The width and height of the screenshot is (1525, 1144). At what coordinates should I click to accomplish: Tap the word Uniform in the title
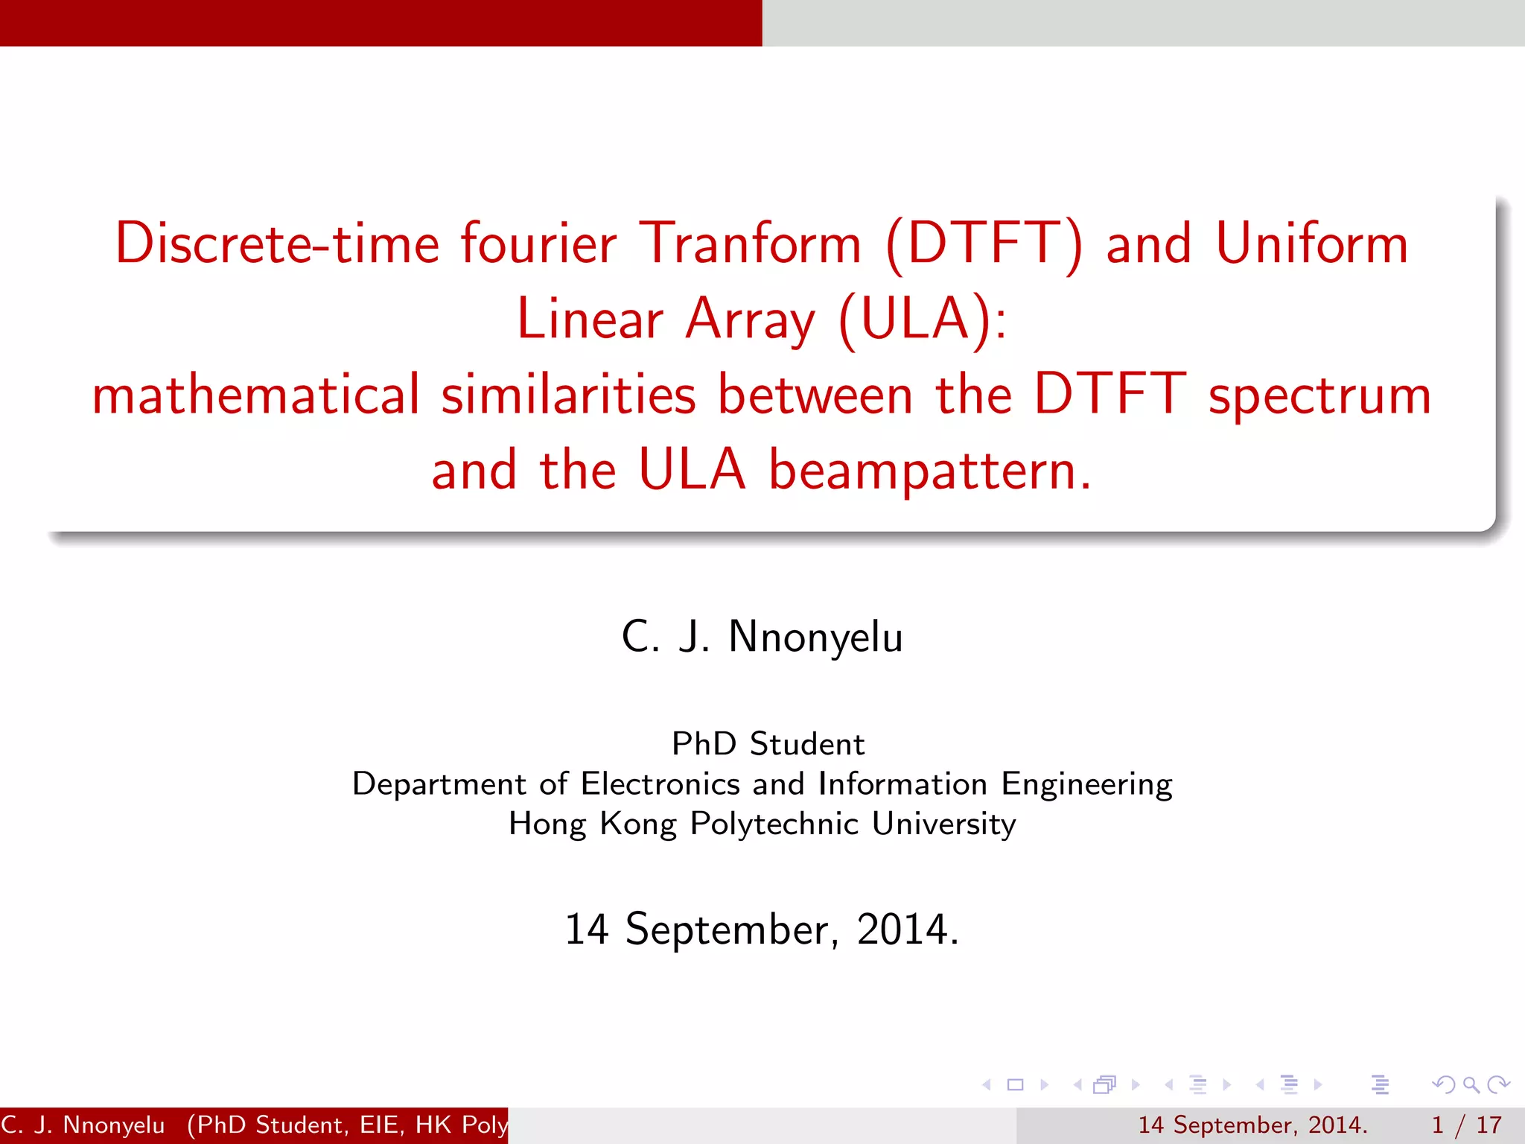pyautogui.click(x=1311, y=244)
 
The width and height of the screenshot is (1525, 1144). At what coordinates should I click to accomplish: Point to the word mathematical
pyautogui.click(x=255, y=395)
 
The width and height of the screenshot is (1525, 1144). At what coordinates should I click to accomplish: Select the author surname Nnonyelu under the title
pyautogui.click(x=815, y=638)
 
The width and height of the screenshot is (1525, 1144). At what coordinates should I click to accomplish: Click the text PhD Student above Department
pyautogui.click(x=768, y=744)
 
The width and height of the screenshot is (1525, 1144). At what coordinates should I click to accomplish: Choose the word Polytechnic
pyautogui.click(x=774, y=824)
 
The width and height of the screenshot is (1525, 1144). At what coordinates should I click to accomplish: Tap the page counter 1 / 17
pyautogui.click(x=1466, y=1125)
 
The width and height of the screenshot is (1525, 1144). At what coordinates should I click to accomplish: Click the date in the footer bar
pyautogui.click(x=1252, y=1125)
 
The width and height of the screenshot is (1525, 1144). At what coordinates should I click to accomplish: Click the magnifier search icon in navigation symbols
pyautogui.click(x=1470, y=1085)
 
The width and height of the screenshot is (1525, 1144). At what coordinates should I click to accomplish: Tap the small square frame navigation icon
pyautogui.click(x=1015, y=1085)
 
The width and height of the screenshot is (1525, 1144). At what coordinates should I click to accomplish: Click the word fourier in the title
pyautogui.click(x=538, y=244)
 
